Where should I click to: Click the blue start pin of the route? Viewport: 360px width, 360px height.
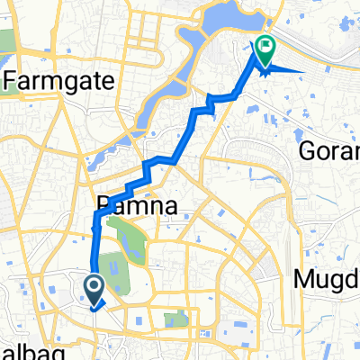pos(94,290)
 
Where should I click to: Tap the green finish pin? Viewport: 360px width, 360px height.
pos(265,50)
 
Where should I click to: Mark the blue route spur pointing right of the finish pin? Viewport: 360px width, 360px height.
pos(292,68)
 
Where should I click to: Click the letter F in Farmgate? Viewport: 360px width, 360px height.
pos(11,82)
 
